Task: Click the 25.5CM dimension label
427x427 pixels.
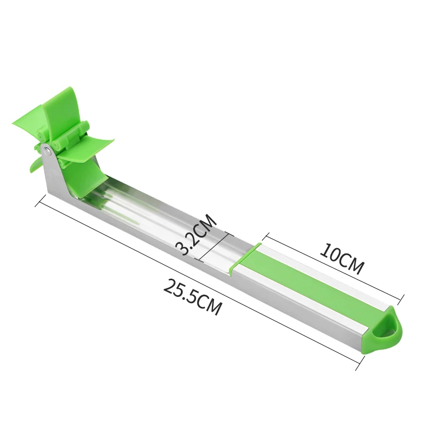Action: pos(192,297)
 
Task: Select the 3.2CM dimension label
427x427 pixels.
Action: pos(196,234)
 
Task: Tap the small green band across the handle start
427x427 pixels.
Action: pos(243,257)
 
